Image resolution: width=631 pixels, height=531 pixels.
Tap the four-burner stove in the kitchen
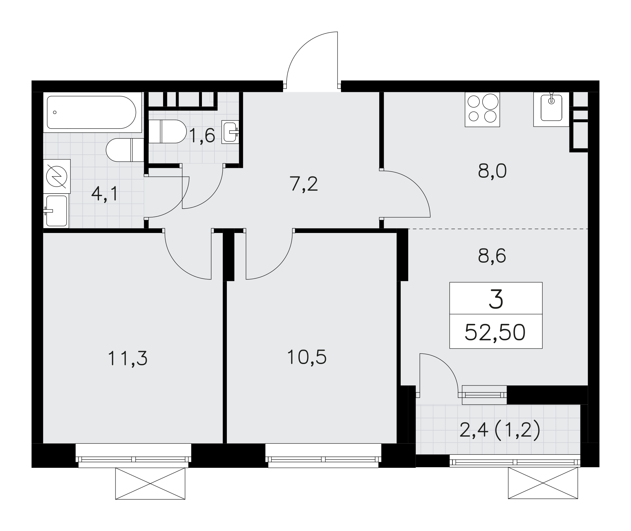[482, 110]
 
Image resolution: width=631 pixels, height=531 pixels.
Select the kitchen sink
[551, 109]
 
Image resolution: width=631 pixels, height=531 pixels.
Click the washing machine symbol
[57, 176]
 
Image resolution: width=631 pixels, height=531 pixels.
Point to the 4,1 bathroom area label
[104, 194]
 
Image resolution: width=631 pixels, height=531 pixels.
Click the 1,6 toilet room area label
[202, 135]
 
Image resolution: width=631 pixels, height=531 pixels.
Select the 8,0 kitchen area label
[492, 171]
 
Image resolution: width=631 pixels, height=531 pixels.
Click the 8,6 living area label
[492, 256]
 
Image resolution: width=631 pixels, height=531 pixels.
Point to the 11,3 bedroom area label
[127, 359]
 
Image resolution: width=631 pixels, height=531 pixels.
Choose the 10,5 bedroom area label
[307, 357]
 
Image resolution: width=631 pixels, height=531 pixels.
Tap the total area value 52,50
[495, 332]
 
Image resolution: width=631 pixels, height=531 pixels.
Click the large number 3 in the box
[496, 299]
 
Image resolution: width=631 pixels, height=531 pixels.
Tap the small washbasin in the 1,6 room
[230, 132]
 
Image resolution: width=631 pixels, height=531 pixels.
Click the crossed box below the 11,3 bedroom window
[150, 484]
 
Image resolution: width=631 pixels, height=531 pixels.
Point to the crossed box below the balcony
[543, 483]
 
